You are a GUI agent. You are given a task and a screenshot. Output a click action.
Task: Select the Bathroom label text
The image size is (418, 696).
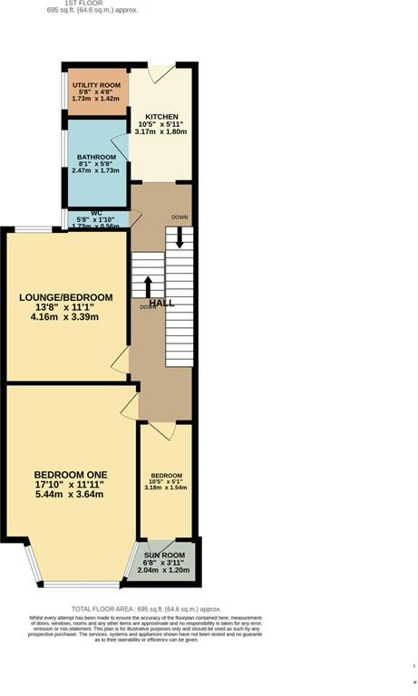(95, 156)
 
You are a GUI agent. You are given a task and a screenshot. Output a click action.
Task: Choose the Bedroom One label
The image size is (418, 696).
(71, 475)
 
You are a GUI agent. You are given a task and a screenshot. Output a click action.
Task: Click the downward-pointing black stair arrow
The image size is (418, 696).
(180, 237)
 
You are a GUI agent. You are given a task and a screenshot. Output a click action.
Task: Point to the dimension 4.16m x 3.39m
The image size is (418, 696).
(66, 317)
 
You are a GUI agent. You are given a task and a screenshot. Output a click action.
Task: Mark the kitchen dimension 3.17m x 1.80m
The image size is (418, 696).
(160, 131)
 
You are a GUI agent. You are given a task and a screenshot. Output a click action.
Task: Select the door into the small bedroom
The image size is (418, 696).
(160, 430)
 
